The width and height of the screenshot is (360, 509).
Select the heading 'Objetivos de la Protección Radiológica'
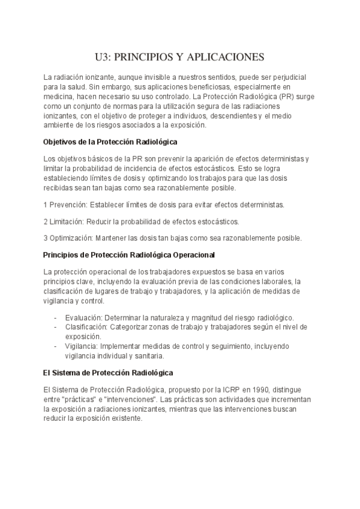[110, 143]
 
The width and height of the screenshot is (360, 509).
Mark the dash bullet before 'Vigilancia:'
[55, 346]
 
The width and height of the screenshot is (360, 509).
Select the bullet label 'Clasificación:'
[86, 327]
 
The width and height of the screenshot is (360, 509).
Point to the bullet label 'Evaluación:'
[83, 318]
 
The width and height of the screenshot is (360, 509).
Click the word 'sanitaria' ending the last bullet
[147, 356]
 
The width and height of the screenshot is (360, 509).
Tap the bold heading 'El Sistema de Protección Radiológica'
[108, 372]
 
